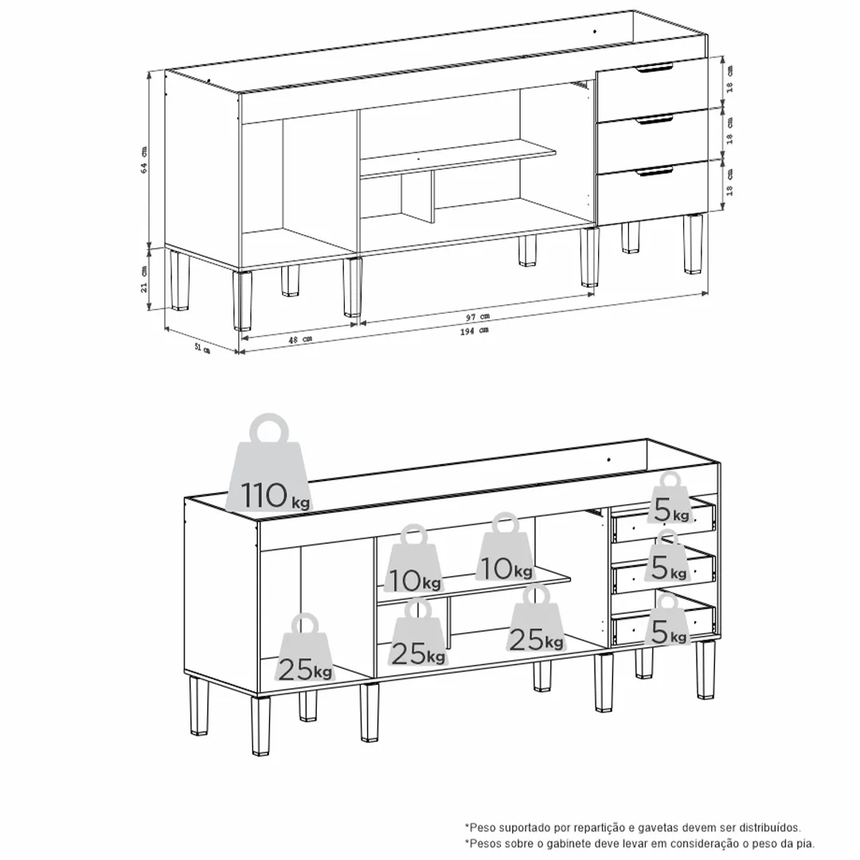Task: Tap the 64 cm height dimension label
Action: (x=144, y=159)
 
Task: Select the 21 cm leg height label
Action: (x=144, y=279)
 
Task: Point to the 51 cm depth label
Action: (x=202, y=348)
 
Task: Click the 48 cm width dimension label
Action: (x=300, y=339)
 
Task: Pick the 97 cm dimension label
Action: (x=478, y=316)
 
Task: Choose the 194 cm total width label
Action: (x=474, y=330)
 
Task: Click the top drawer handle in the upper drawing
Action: (x=655, y=68)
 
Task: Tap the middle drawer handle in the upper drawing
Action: (x=655, y=119)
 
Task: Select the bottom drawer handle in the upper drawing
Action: (x=655, y=172)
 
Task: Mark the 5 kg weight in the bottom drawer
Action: (x=667, y=619)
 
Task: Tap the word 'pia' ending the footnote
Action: (x=807, y=843)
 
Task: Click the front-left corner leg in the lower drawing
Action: (x=260, y=725)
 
